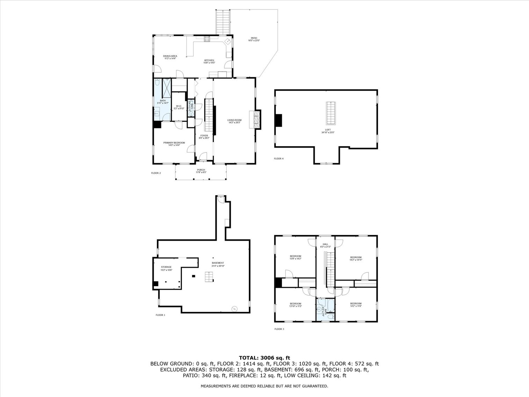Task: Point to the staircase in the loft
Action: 330,113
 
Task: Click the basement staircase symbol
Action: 209,277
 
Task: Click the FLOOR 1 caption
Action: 160,315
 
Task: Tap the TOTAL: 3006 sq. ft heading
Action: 264,357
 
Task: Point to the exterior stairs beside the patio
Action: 222,22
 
